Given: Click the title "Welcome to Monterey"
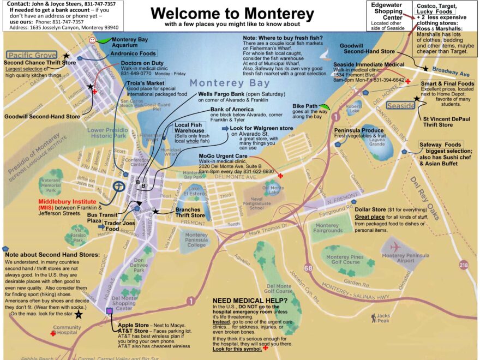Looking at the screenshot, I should coord(232,13).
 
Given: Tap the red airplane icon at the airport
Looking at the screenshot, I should coord(396,246).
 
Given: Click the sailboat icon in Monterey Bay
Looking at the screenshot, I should coord(325,55).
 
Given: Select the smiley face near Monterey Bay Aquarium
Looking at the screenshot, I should coord(93,40).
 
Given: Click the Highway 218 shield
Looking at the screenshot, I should coord(463,265).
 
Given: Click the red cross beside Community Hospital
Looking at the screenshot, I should coord(53,333).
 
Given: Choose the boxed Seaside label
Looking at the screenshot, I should coord(400,105).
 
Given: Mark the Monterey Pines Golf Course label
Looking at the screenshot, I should coord(345,259).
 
